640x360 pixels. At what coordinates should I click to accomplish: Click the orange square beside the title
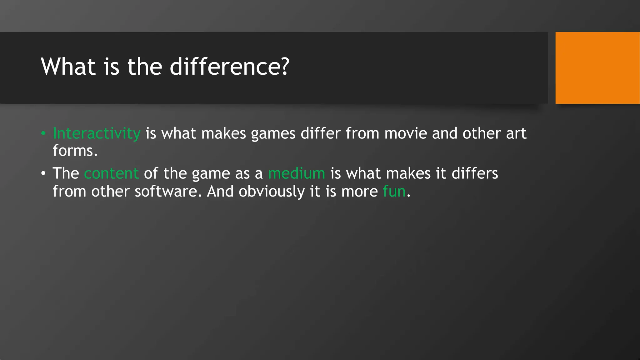pos(597,67)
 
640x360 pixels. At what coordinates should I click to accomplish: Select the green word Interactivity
pos(97,134)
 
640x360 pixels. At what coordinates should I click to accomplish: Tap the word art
pos(516,134)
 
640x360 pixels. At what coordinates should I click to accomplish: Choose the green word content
pos(111,173)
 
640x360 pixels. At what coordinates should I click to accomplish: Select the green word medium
pos(297,173)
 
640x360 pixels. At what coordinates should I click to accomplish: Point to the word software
pos(168,191)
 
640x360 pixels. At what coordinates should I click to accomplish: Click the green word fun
pos(394,191)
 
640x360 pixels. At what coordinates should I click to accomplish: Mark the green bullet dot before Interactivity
pos(43,134)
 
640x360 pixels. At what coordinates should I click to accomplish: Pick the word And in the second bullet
pos(220,191)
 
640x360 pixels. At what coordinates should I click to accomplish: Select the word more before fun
pos(359,192)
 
